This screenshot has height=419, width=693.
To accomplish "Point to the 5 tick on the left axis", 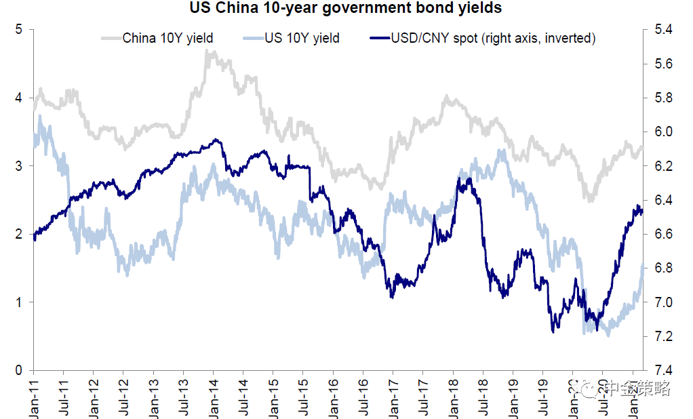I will pos(20,30).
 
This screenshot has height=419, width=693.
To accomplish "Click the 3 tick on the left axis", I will pos(20,166).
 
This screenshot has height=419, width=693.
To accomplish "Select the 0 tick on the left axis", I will pos(20,370).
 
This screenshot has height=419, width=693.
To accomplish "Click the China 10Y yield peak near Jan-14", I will pos(207,52).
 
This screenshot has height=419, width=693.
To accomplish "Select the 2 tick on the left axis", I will pos(20,234).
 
